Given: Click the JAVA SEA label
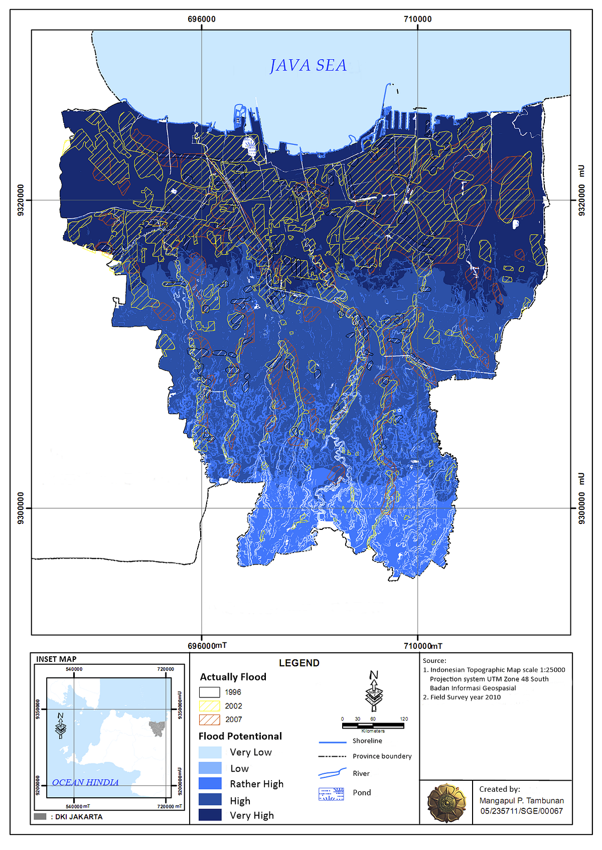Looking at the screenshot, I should pos(308,65).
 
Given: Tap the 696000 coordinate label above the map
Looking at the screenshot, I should pos(202,19).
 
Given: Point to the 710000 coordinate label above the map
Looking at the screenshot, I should pos(417,19).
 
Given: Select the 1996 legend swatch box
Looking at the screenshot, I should pos(210,692).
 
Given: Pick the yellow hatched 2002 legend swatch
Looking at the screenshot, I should pos(210,705).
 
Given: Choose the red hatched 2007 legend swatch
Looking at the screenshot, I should pos(210,720).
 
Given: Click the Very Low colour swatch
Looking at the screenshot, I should pos(210,752).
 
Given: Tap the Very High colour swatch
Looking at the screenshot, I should pos(210,815).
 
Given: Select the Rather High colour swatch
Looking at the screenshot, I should pos(210,784).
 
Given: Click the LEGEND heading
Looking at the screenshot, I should pos(299,663).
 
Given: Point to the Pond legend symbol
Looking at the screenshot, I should pos(331,794).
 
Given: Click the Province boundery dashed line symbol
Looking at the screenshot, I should pos(332,756).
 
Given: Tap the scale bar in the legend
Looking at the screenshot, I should pos(374,725).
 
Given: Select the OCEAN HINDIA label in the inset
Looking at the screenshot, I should pos(85,782).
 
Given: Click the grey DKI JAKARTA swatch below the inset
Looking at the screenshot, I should pos(40,816).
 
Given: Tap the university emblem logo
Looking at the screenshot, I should pos(446,802).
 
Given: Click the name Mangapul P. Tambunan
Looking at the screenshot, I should pos(521,801).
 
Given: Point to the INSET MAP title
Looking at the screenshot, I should pos(56,659).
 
